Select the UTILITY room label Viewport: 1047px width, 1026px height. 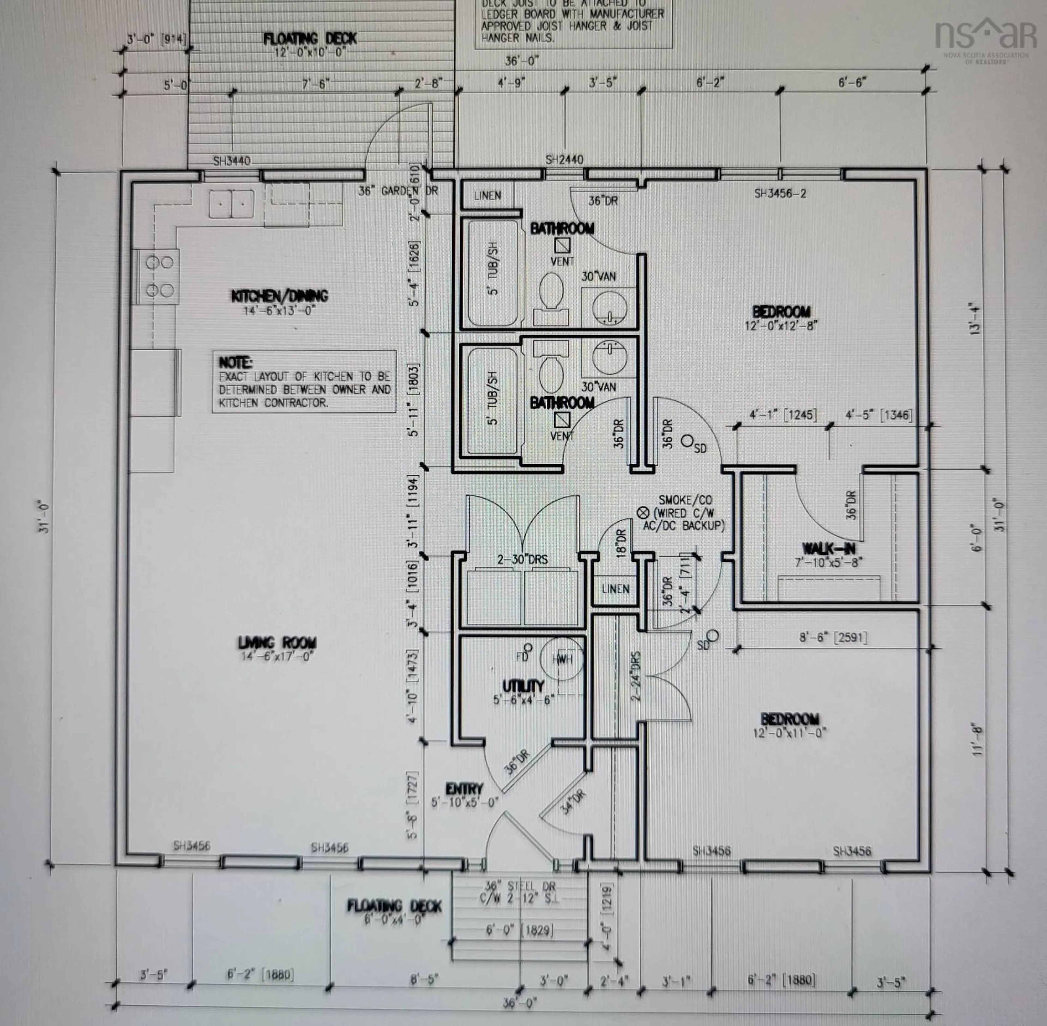tap(523, 686)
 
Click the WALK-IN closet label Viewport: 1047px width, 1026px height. tap(828, 549)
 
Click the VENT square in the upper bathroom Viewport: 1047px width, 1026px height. tap(562, 246)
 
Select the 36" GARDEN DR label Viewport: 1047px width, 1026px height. tap(398, 191)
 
